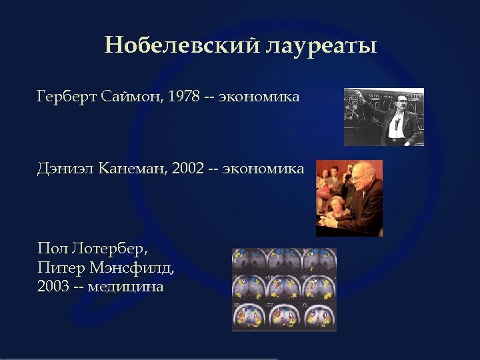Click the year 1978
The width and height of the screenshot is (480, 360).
tap(183, 98)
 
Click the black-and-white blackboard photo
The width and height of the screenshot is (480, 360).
tap(383, 117)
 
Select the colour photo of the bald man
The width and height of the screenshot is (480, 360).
tap(349, 198)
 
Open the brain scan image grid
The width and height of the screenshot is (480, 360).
tap(284, 289)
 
